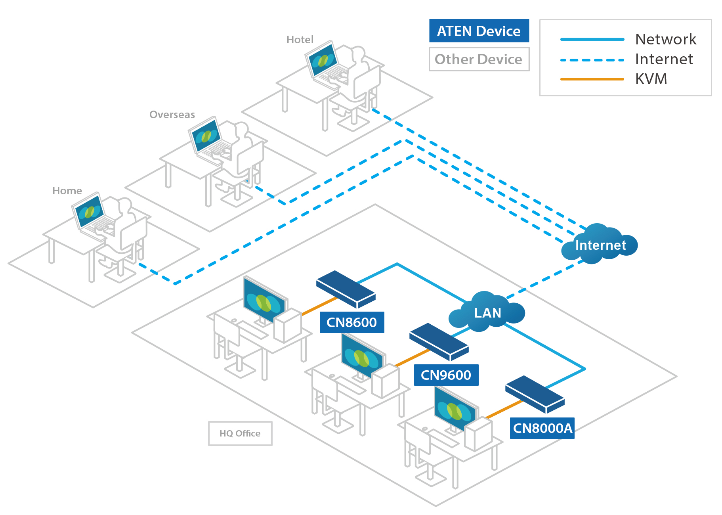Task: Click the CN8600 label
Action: coord(351,322)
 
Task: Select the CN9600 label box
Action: coord(446,375)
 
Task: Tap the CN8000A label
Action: coord(542,428)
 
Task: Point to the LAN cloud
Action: coord(487,313)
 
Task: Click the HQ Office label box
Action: coord(240,433)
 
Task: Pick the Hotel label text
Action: coord(300,40)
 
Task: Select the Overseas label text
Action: coord(172,115)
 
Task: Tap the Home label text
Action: coord(67,191)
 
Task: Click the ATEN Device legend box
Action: coord(479,31)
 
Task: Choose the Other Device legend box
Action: coord(479,59)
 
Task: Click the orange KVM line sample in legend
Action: coord(592,79)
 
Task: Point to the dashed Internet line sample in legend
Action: coord(592,60)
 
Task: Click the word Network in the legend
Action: coord(665,39)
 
